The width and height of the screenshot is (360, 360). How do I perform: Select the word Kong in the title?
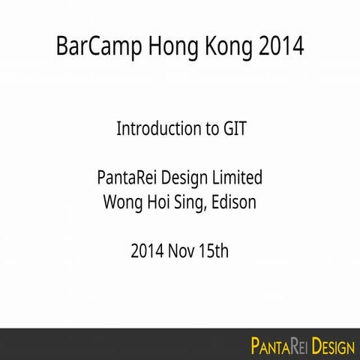coord(221,46)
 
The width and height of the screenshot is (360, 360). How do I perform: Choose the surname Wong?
coord(120,202)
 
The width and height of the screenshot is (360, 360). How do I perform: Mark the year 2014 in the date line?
coord(147,251)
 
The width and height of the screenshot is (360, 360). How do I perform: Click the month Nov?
coord(183,251)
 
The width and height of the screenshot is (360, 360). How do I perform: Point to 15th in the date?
coord(214,251)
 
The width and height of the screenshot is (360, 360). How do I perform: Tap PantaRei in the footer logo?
coord(278,346)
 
